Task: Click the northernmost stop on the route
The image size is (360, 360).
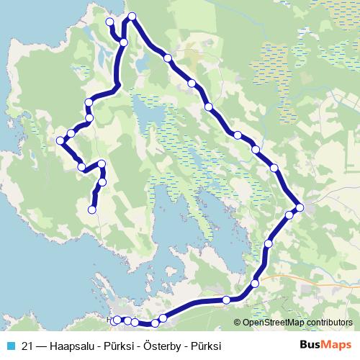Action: (x=132, y=17)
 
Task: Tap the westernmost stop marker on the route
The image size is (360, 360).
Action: (x=62, y=140)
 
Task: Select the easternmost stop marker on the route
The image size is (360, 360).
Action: (x=299, y=208)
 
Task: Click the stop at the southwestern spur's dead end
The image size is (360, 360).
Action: (x=91, y=210)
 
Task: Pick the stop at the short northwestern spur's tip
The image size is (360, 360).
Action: (x=110, y=22)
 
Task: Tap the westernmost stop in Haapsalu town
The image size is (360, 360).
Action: (x=117, y=319)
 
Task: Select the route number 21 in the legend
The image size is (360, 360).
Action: (x=27, y=345)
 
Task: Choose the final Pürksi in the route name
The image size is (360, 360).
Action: (x=204, y=345)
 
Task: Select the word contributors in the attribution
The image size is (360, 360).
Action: (x=328, y=322)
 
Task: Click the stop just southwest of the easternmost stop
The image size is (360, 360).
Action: (x=289, y=215)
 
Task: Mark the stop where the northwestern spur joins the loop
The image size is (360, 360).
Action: (x=124, y=42)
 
